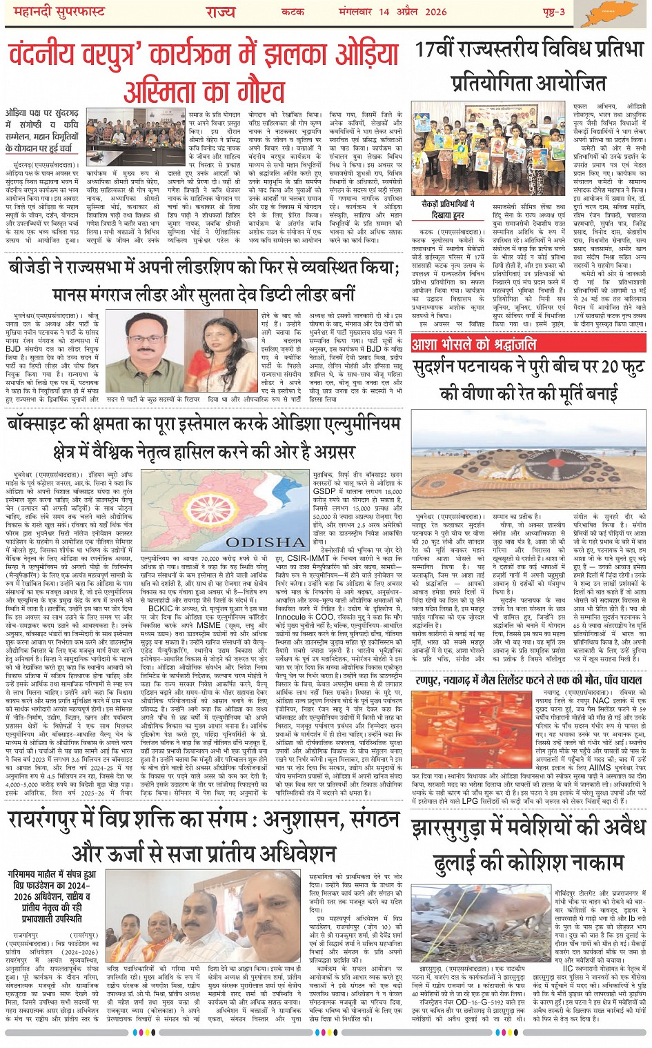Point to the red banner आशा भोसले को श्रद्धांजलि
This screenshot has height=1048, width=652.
click(473, 343)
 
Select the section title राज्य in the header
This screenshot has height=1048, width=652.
click(220, 12)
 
